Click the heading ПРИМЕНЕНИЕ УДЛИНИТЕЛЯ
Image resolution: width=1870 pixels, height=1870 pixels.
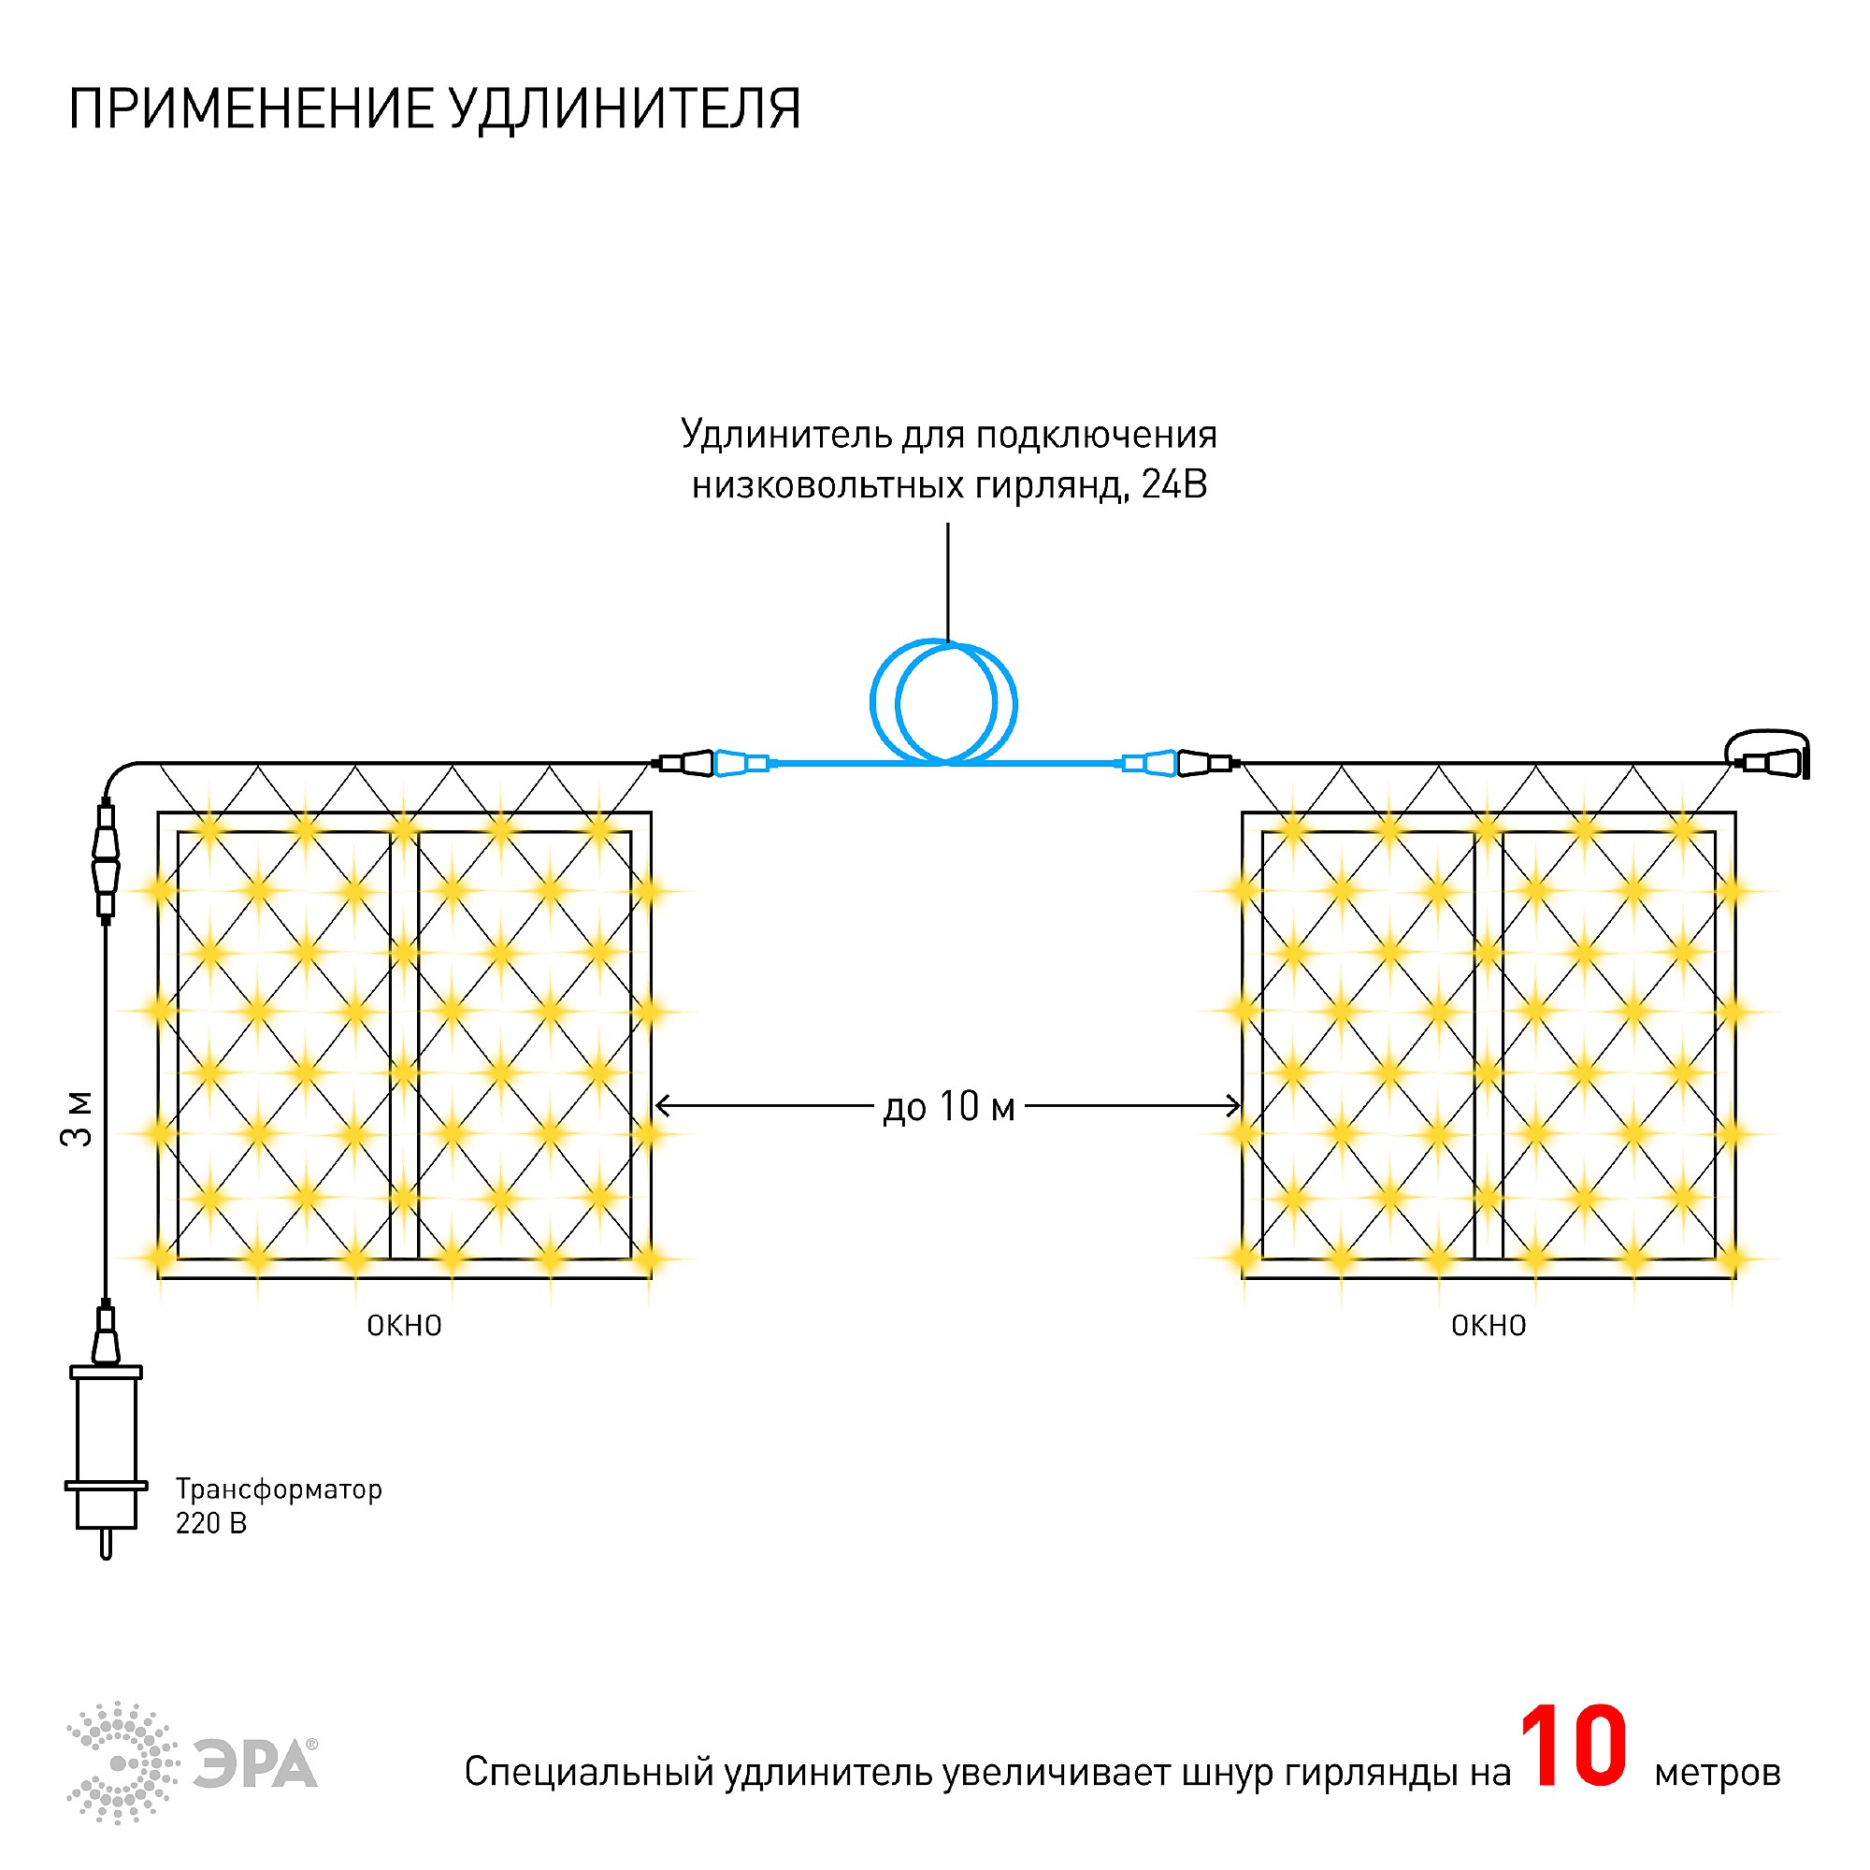[434, 108]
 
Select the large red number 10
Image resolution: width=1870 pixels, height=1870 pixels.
[1573, 1748]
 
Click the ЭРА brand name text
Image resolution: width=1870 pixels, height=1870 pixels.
[255, 1763]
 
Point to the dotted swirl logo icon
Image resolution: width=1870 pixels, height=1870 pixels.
[122, 1762]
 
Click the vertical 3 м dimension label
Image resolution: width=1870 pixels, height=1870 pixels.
[78, 1119]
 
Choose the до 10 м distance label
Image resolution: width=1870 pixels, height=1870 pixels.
[948, 1106]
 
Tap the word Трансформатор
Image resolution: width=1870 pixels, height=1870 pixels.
[279, 1489]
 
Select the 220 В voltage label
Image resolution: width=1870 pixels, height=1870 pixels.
[211, 1523]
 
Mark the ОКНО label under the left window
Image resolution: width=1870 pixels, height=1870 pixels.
[404, 1326]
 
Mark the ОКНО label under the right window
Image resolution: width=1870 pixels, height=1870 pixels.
[1488, 1326]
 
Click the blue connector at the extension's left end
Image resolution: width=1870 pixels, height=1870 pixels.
[741, 764]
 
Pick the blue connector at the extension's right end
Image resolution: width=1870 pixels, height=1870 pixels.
[1150, 764]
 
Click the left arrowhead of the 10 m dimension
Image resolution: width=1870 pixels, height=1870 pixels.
[661, 1105]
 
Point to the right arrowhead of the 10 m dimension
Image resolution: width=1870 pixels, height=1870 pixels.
[1235, 1105]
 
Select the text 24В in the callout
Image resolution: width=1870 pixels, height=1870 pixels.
[1174, 484]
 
